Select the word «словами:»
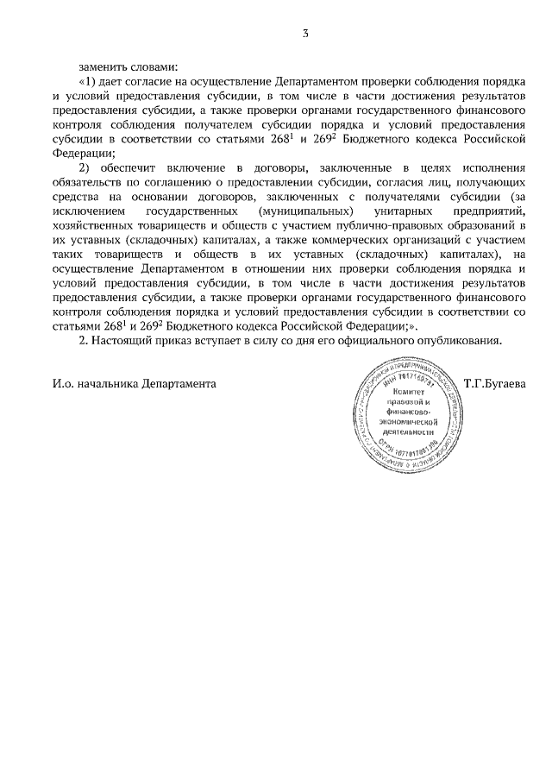click(x=154, y=66)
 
